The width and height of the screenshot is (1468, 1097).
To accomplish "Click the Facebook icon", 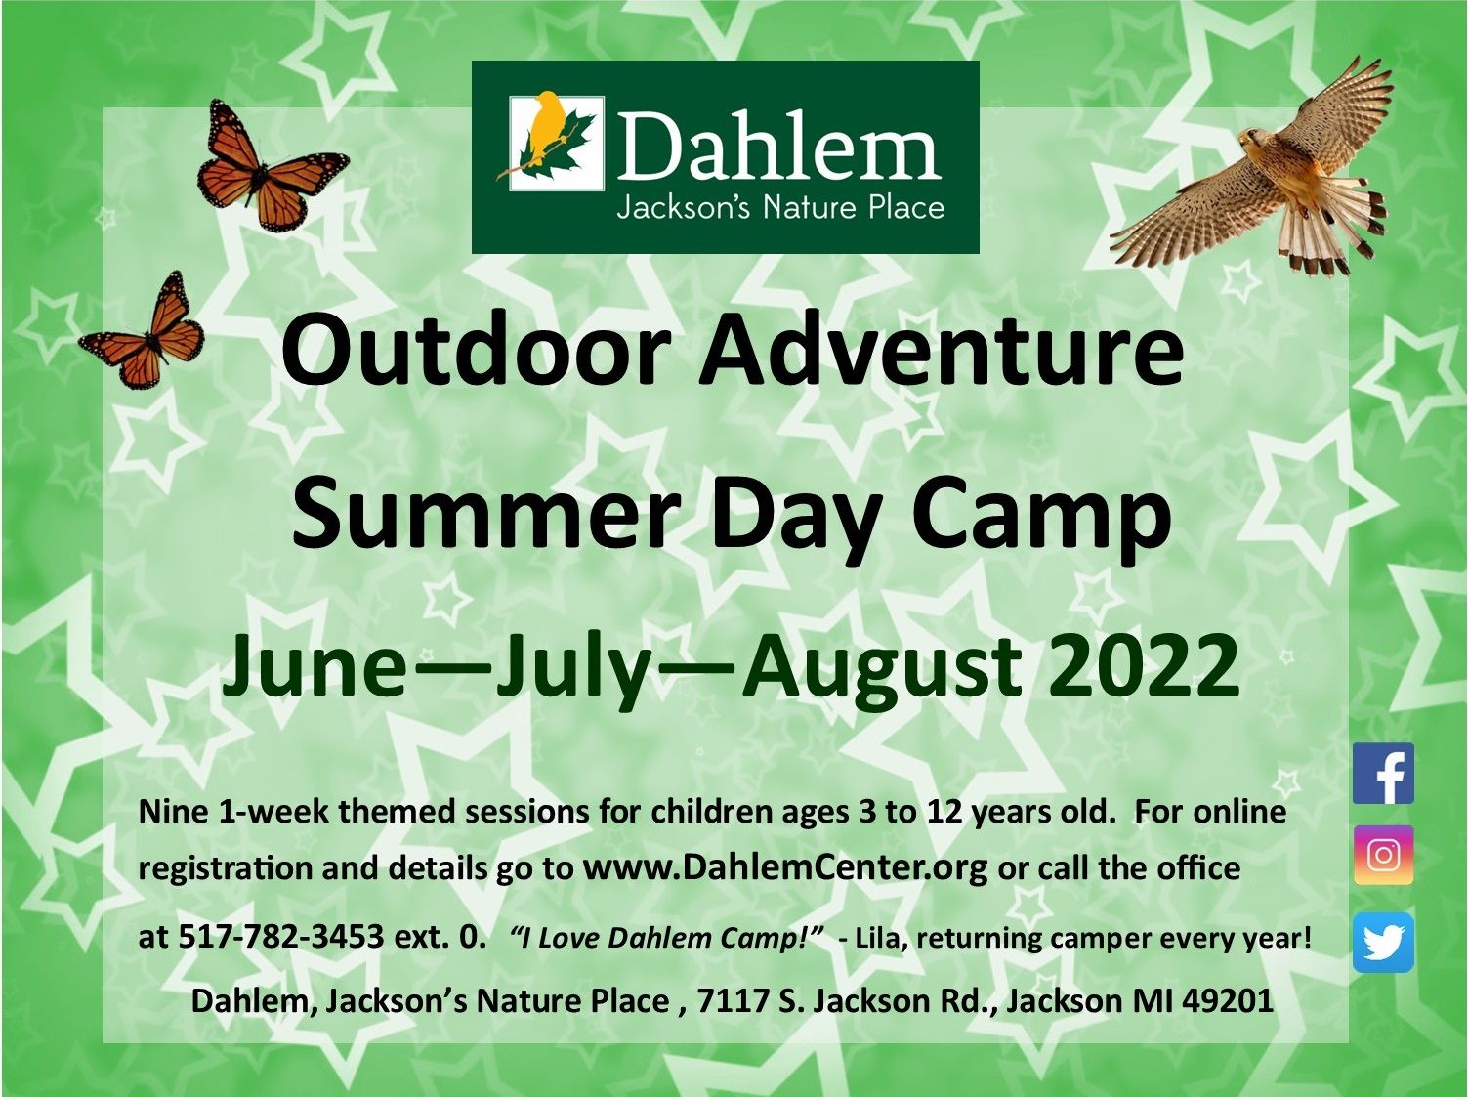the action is click(1383, 774).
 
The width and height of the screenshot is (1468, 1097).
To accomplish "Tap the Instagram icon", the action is click(1383, 855).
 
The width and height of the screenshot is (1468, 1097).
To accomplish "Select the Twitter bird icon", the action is click(1383, 942).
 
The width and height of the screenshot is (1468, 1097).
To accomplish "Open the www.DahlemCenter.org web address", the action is click(785, 868).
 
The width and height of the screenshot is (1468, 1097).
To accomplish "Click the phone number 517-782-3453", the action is click(281, 937).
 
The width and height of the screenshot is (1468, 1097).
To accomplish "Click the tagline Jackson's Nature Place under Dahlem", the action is click(780, 207).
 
